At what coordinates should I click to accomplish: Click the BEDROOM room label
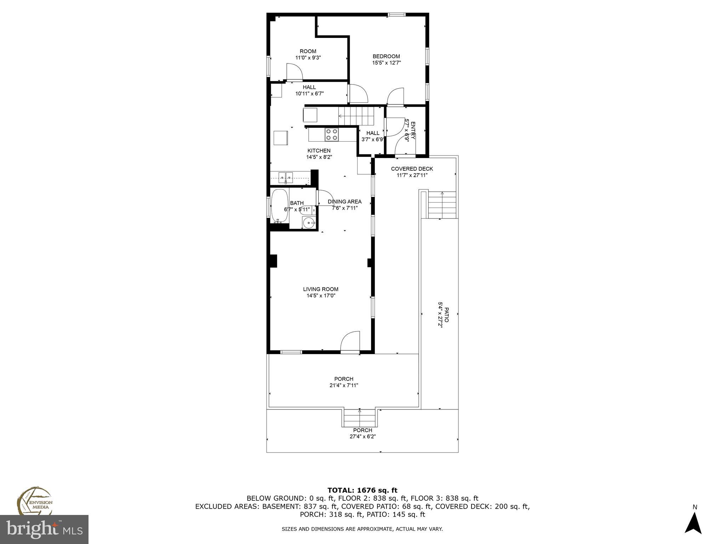click(x=386, y=56)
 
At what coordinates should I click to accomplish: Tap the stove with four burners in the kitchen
click(x=332, y=135)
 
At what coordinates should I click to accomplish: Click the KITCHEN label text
click(x=319, y=151)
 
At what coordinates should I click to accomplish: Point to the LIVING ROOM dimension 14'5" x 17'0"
click(x=321, y=295)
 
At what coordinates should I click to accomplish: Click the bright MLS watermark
click(x=44, y=529)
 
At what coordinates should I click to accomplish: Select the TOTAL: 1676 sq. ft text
click(x=362, y=490)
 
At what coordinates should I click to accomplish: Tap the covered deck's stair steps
click(x=442, y=205)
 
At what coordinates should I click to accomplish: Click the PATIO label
click(x=447, y=315)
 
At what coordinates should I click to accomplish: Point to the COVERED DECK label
click(x=412, y=169)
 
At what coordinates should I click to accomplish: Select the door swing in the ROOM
click(x=294, y=72)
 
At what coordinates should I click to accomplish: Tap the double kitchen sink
click(x=285, y=177)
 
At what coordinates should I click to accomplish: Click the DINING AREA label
click(x=344, y=202)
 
